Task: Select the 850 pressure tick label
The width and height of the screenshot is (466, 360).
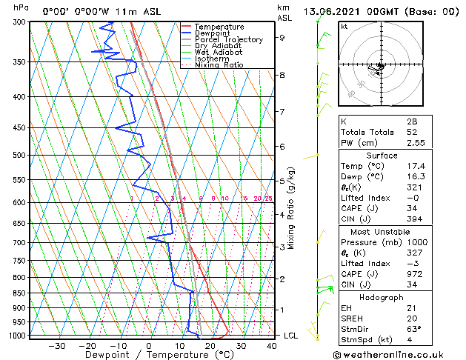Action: [x=20, y=293]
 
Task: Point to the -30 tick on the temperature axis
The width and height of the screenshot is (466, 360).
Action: [x=57, y=346]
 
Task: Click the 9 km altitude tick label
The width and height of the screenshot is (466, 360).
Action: [x=282, y=37]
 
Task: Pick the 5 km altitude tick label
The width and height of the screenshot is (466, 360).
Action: [x=282, y=181]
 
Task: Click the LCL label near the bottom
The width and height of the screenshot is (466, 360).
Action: [x=291, y=336]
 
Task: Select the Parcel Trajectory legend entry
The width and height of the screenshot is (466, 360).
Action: [x=228, y=39]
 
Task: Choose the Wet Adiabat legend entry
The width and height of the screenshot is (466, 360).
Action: [x=218, y=52]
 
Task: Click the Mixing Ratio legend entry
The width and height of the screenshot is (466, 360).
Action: [x=219, y=64]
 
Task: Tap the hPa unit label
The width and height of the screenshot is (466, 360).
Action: [x=21, y=8]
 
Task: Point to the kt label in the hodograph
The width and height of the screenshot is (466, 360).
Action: [x=344, y=26]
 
